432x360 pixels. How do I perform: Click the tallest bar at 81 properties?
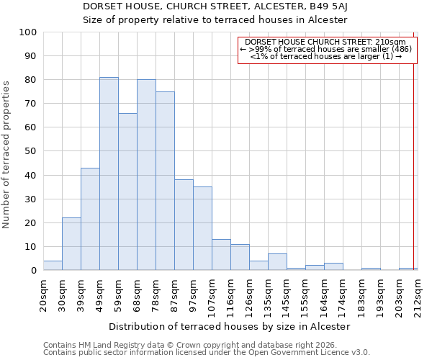pyautogui.click(x=109, y=174)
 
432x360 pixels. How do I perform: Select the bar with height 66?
pyautogui.click(x=127, y=192)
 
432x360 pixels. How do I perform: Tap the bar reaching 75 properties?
pyautogui.click(x=165, y=181)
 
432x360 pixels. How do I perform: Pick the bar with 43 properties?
pyautogui.click(x=90, y=219)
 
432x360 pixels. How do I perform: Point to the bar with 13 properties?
pyautogui.click(x=221, y=255)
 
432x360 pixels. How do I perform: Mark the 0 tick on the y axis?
pyautogui.click(x=34, y=271)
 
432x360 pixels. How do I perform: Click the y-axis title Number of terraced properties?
pyautogui.click(x=6, y=154)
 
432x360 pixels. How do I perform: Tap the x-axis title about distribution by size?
pyautogui.click(x=230, y=326)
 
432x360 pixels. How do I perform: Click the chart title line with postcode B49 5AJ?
pyautogui.click(x=215, y=6)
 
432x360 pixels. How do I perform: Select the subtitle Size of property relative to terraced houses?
pyautogui.click(x=215, y=19)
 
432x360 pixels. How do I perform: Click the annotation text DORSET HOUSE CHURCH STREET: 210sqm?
pyautogui.click(x=325, y=42)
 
